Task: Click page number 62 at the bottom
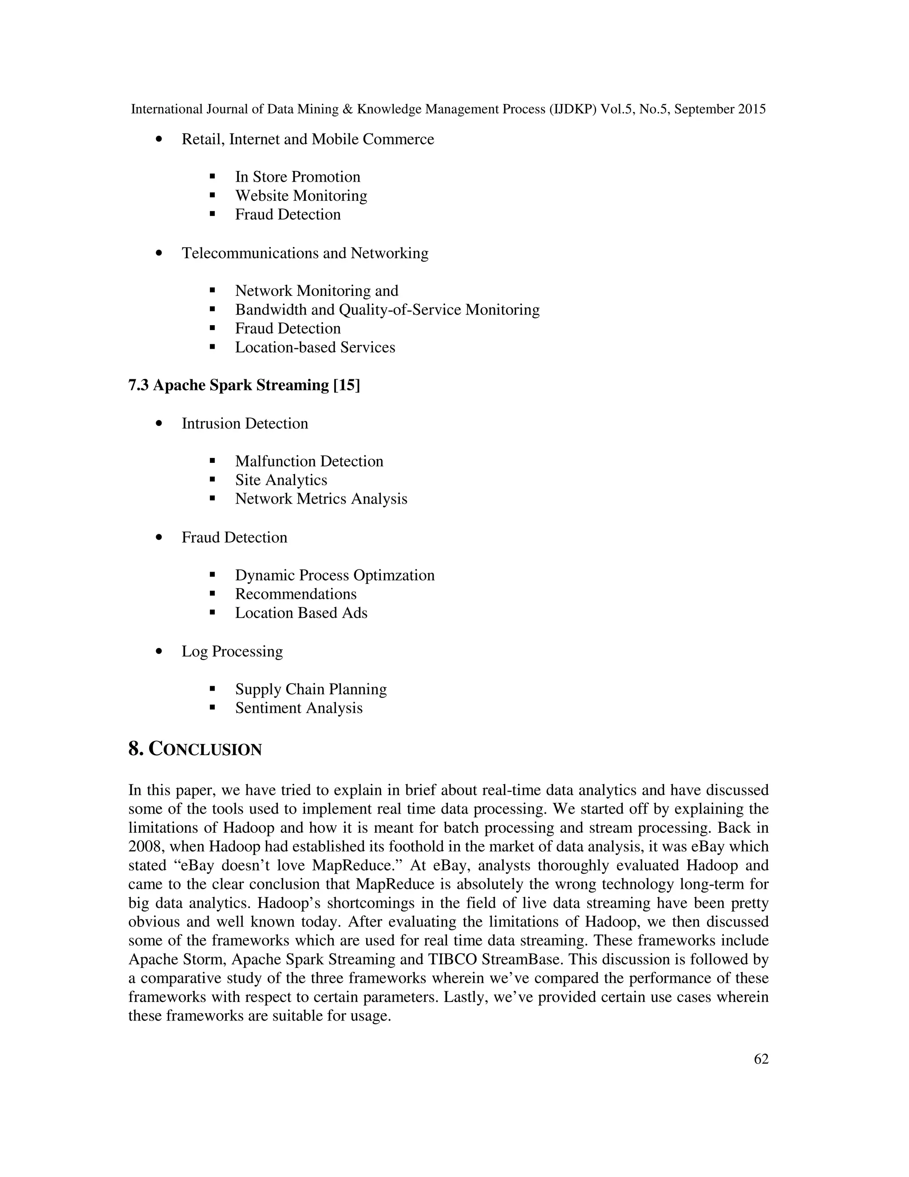tap(761, 1059)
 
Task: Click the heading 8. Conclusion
tap(195, 749)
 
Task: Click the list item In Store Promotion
tap(297, 177)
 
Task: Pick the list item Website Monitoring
tap(301, 195)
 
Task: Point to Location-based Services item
tap(315, 347)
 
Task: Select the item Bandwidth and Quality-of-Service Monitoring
tap(387, 310)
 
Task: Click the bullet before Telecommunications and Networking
tap(158, 253)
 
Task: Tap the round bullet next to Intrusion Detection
tap(158, 424)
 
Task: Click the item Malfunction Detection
tap(309, 461)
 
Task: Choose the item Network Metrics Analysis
tap(321, 499)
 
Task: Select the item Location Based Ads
tap(301, 613)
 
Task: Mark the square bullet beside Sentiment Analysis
tap(212, 708)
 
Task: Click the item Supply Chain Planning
tap(311, 689)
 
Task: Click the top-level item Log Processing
tap(232, 651)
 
